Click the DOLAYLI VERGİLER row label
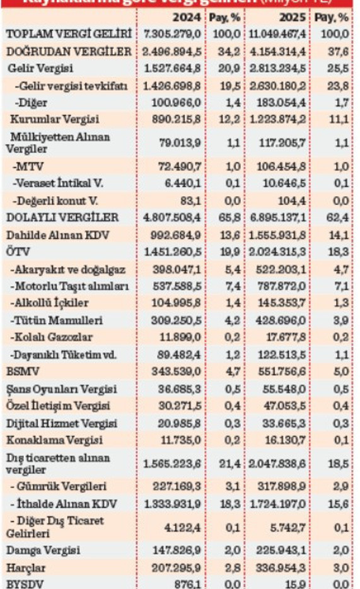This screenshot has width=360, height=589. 62,218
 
